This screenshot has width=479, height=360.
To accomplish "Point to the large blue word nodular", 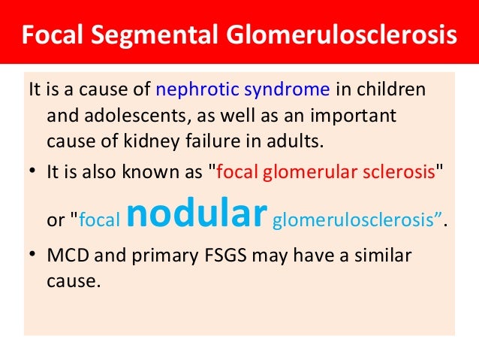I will tap(197, 213).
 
